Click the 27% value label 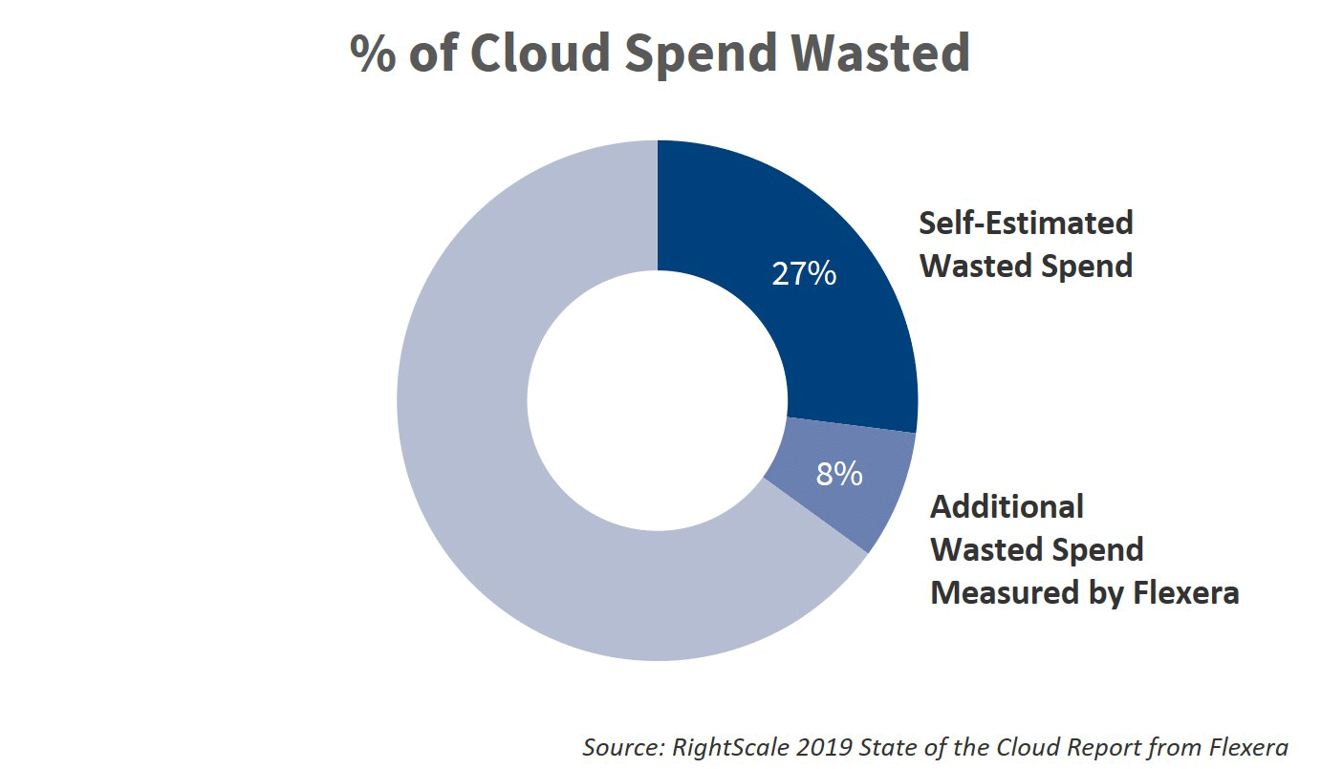coord(804,274)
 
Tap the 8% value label coord(839,474)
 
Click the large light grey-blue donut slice coord(478,478)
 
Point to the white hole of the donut coord(658,401)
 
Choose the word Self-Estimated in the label coord(1026,223)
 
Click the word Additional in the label coord(1007,506)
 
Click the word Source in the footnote coord(620,747)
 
